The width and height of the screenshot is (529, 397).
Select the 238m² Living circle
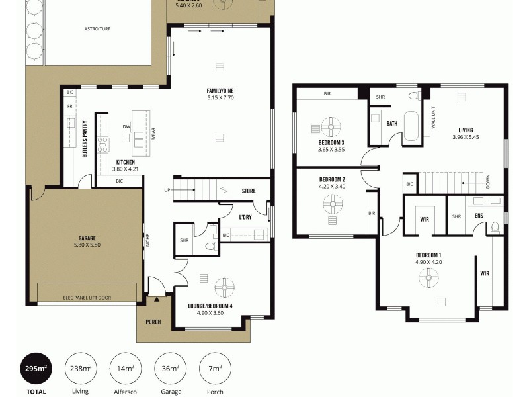tap(79, 368)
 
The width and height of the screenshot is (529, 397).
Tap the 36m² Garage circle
tap(167, 368)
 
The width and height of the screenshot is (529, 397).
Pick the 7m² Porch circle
tap(214, 368)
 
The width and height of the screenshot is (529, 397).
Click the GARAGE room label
tap(87, 238)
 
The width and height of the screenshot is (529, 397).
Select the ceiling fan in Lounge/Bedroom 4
tap(227, 287)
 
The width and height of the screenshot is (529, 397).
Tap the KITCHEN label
tap(126, 162)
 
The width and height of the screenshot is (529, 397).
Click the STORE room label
tap(248, 191)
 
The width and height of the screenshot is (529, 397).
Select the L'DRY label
tap(245, 217)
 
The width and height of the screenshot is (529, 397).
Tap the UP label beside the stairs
tap(167, 191)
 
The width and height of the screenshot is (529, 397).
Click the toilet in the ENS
tap(494, 227)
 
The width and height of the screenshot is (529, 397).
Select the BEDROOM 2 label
tap(332, 179)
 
